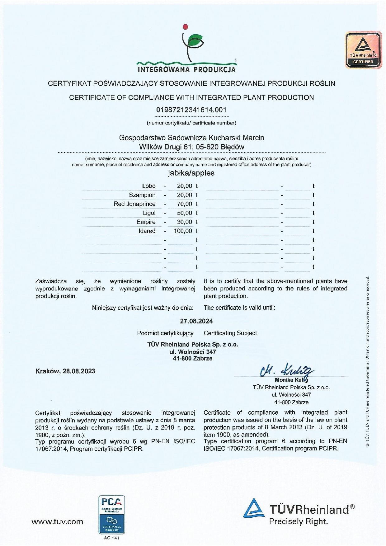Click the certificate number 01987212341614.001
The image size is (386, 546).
point(191,110)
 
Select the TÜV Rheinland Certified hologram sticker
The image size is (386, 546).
point(363,49)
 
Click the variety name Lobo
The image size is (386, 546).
point(149,186)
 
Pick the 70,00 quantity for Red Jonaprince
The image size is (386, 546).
point(185,204)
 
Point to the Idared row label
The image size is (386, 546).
point(147,231)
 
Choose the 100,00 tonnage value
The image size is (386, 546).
point(183,231)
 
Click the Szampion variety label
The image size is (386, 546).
point(142,195)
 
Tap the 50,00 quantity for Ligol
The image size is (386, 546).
point(185,213)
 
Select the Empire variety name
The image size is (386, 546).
point(146,222)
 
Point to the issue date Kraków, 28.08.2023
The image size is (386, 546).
point(65,371)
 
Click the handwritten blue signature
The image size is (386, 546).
point(286,371)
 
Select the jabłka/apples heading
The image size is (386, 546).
point(191,173)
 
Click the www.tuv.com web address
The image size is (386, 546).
point(58,522)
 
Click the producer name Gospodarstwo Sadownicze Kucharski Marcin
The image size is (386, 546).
point(192,138)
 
